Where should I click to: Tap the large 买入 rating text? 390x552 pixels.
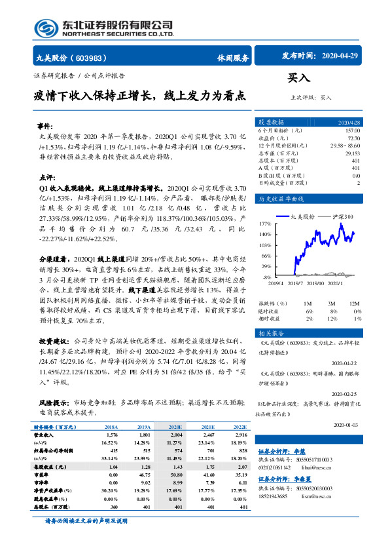click(299, 78)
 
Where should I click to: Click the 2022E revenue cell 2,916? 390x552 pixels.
click(240, 435)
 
